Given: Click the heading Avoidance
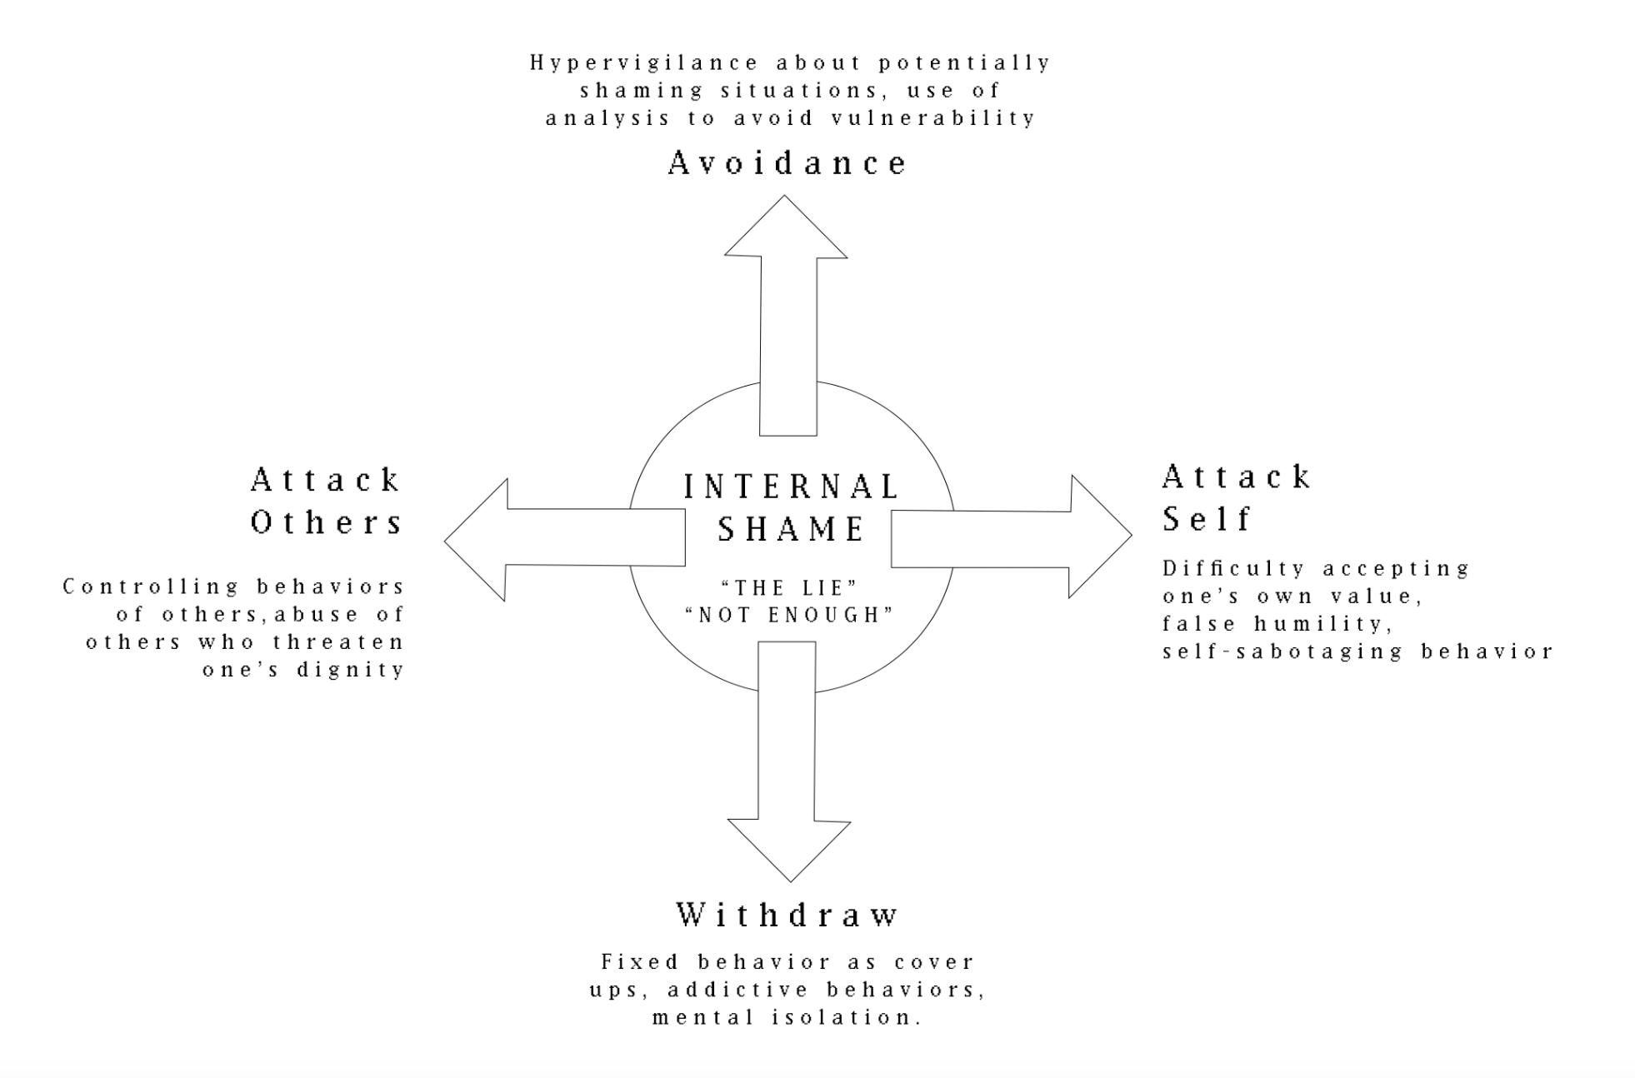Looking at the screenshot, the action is [x=787, y=162].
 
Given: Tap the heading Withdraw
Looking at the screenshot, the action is [x=787, y=915].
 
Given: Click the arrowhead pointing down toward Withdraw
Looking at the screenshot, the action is [x=790, y=850].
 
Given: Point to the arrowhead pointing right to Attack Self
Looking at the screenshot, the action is [x=1100, y=537].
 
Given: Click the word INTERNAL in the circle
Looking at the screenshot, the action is [x=791, y=487].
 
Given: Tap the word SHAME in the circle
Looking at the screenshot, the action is [x=792, y=529].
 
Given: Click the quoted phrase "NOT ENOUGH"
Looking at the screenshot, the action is [x=788, y=615].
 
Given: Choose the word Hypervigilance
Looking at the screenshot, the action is [x=644, y=63].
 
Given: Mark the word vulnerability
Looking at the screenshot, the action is [x=933, y=118].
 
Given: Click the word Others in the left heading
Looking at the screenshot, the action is [x=327, y=522].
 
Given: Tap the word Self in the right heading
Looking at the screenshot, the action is [x=1207, y=519].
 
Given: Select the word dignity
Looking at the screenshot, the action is [x=351, y=670].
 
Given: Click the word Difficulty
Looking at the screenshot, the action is [x=1233, y=568].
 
